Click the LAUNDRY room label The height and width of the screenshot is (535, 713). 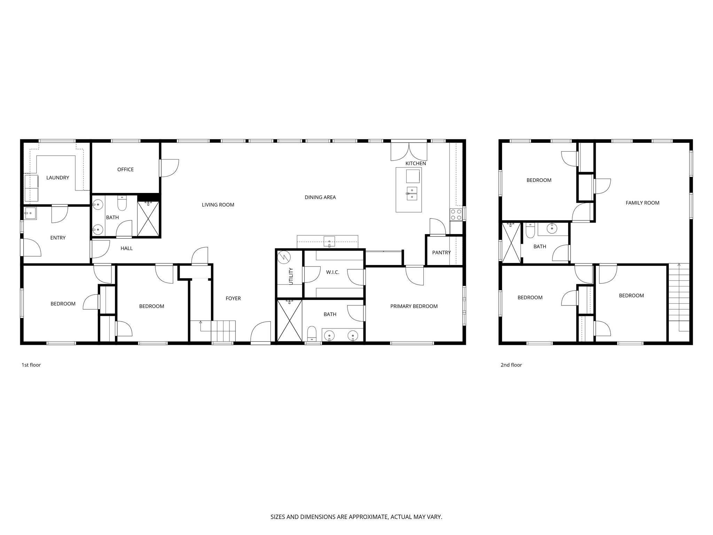click(x=58, y=178)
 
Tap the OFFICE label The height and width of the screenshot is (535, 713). click(x=125, y=170)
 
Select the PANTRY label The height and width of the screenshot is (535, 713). click(x=441, y=253)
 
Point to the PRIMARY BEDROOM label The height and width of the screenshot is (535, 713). click(x=414, y=306)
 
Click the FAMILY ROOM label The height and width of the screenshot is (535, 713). click(x=642, y=203)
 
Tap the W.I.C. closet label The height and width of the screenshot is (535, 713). click(x=332, y=272)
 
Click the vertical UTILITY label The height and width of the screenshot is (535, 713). click(x=291, y=276)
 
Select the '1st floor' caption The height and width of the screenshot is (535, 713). click(x=31, y=365)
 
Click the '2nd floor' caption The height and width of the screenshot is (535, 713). click(x=511, y=365)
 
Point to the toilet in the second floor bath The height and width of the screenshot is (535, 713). click(x=530, y=231)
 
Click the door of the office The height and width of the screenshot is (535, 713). click(x=170, y=168)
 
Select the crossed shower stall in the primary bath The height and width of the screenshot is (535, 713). click(x=289, y=321)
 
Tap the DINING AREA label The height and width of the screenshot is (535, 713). click(x=320, y=197)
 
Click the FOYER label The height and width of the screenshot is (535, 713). click(x=233, y=298)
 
